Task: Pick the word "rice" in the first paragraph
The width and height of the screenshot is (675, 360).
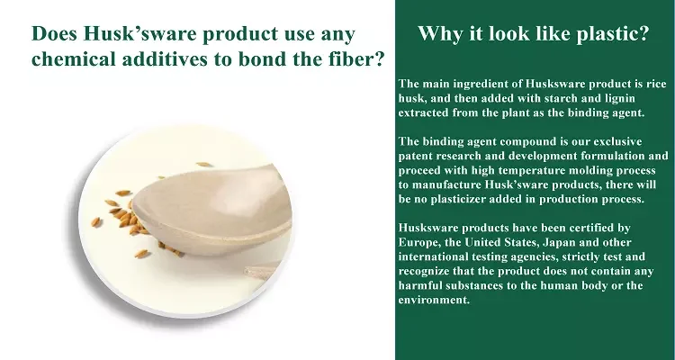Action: pos(656,83)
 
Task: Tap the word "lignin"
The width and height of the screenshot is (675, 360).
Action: pos(619,99)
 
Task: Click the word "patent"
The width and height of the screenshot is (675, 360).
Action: pos(415,156)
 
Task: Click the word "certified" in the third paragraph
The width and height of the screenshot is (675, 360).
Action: pos(588,228)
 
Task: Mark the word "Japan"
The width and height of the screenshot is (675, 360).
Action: pos(559,242)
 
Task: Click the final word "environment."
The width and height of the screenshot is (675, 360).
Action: pos(434,300)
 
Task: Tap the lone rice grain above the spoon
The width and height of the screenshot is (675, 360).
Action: pos(204,165)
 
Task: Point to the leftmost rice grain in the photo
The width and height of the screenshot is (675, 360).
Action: pos(95,221)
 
